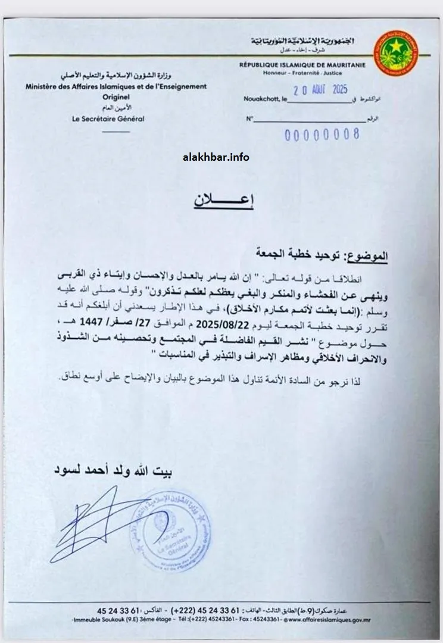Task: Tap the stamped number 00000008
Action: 322,134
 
